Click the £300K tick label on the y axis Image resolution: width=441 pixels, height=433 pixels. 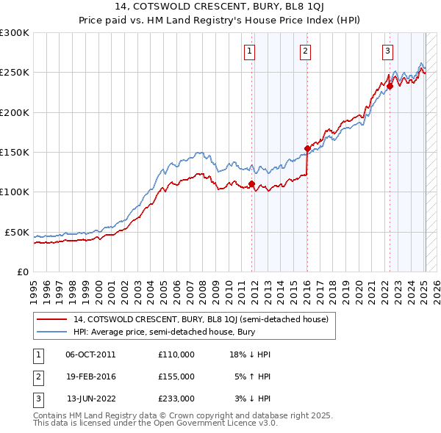click(x=15, y=33)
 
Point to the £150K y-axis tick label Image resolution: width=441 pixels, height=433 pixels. click(x=15, y=153)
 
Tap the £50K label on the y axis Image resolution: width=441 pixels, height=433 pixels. click(x=17, y=232)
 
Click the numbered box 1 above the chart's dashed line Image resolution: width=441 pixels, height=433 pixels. click(x=250, y=51)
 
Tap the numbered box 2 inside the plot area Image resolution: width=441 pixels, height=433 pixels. click(x=304, y=51)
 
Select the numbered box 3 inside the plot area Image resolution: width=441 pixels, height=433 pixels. click(x=387, y=51)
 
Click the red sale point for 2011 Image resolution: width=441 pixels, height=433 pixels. click(x=251, y=184)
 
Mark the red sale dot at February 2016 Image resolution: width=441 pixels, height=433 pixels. click(x=307, y=148)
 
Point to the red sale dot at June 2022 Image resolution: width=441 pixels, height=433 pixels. click(x=390, y=87)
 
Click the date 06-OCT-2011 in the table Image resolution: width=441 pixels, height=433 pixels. click(x=90, y=354)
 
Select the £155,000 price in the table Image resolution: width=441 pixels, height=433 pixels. click(x=176, y=376)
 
